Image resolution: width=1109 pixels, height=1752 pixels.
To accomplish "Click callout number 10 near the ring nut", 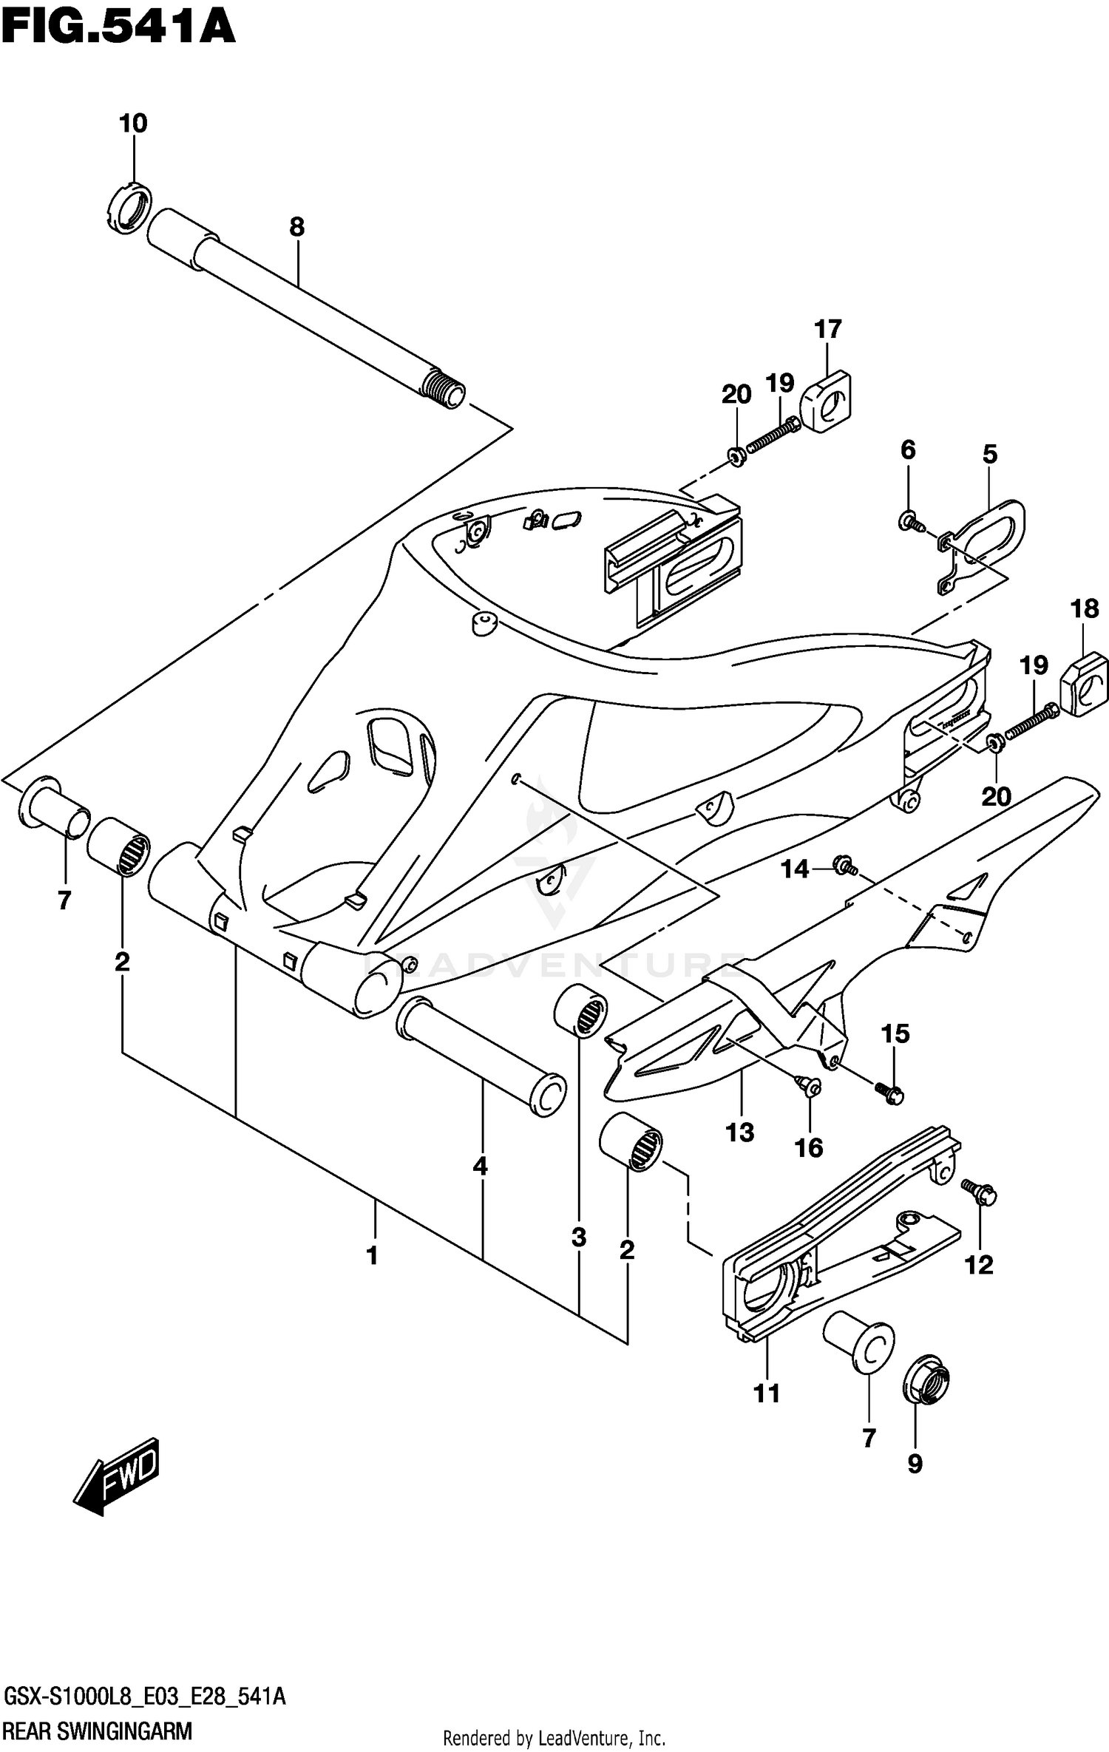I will pyautogui.click(x=133, y=123).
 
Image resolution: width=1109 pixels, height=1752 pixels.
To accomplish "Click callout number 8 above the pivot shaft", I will pyautogui.click(x=296, y=227).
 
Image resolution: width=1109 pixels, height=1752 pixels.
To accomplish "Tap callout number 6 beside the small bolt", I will pyautogui.click(x=908, y=449).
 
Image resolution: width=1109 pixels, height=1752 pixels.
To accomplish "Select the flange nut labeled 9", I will pyautogui.click(x=926, y=1381).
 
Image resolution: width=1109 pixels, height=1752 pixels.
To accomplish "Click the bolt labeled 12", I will pyautogui.click(x=982, y=1192).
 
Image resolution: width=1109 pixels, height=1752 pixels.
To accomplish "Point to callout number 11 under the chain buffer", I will pyautogui.click(x=767, y=1393).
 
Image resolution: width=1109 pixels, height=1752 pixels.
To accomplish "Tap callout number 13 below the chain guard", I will pyautogui.click(x=740, y=1133).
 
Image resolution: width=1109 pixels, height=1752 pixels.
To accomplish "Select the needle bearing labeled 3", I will pyautogui.click(x=581, y=1011).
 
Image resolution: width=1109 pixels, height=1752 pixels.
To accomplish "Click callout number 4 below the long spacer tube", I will pyautogui.click(x=481, y=1167).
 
